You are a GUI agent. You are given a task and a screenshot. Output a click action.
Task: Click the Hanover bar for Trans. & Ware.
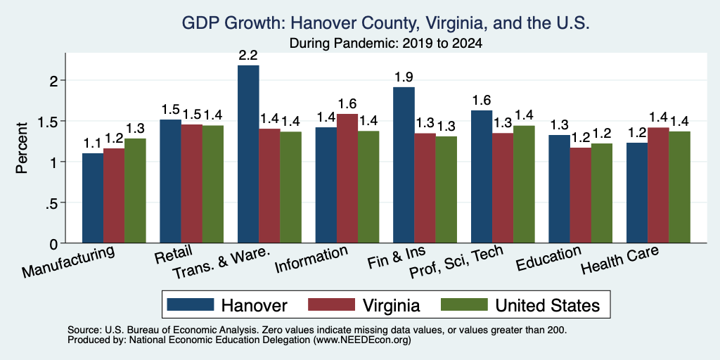coord(248,154)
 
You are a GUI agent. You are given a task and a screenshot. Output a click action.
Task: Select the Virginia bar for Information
coord(347,178)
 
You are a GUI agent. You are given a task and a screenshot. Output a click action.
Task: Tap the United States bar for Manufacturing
coord(135,191)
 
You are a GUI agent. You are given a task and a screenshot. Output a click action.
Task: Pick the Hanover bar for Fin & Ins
coord(404,165)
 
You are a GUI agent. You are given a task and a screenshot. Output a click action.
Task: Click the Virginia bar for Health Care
coord(658,185)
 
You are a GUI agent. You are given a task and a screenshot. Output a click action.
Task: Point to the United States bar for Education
coord(602,193)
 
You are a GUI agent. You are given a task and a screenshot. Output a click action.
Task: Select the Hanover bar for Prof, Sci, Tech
coord(482,176)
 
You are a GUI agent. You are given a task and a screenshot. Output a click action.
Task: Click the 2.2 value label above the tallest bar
coord(248,56)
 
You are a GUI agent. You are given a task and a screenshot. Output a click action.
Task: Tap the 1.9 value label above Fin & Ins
coord(404,77)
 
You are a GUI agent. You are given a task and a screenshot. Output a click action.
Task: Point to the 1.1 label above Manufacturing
coord(92,143)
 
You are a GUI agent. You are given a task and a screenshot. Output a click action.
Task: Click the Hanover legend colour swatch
coord(190,304)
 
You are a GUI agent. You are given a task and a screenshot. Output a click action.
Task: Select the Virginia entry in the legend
coord(391,305)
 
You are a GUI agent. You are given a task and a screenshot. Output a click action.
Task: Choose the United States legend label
coord(547,305)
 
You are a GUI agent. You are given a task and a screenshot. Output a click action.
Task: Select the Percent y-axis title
coord(22,148)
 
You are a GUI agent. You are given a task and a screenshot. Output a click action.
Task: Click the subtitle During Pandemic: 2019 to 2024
coord(386,44)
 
